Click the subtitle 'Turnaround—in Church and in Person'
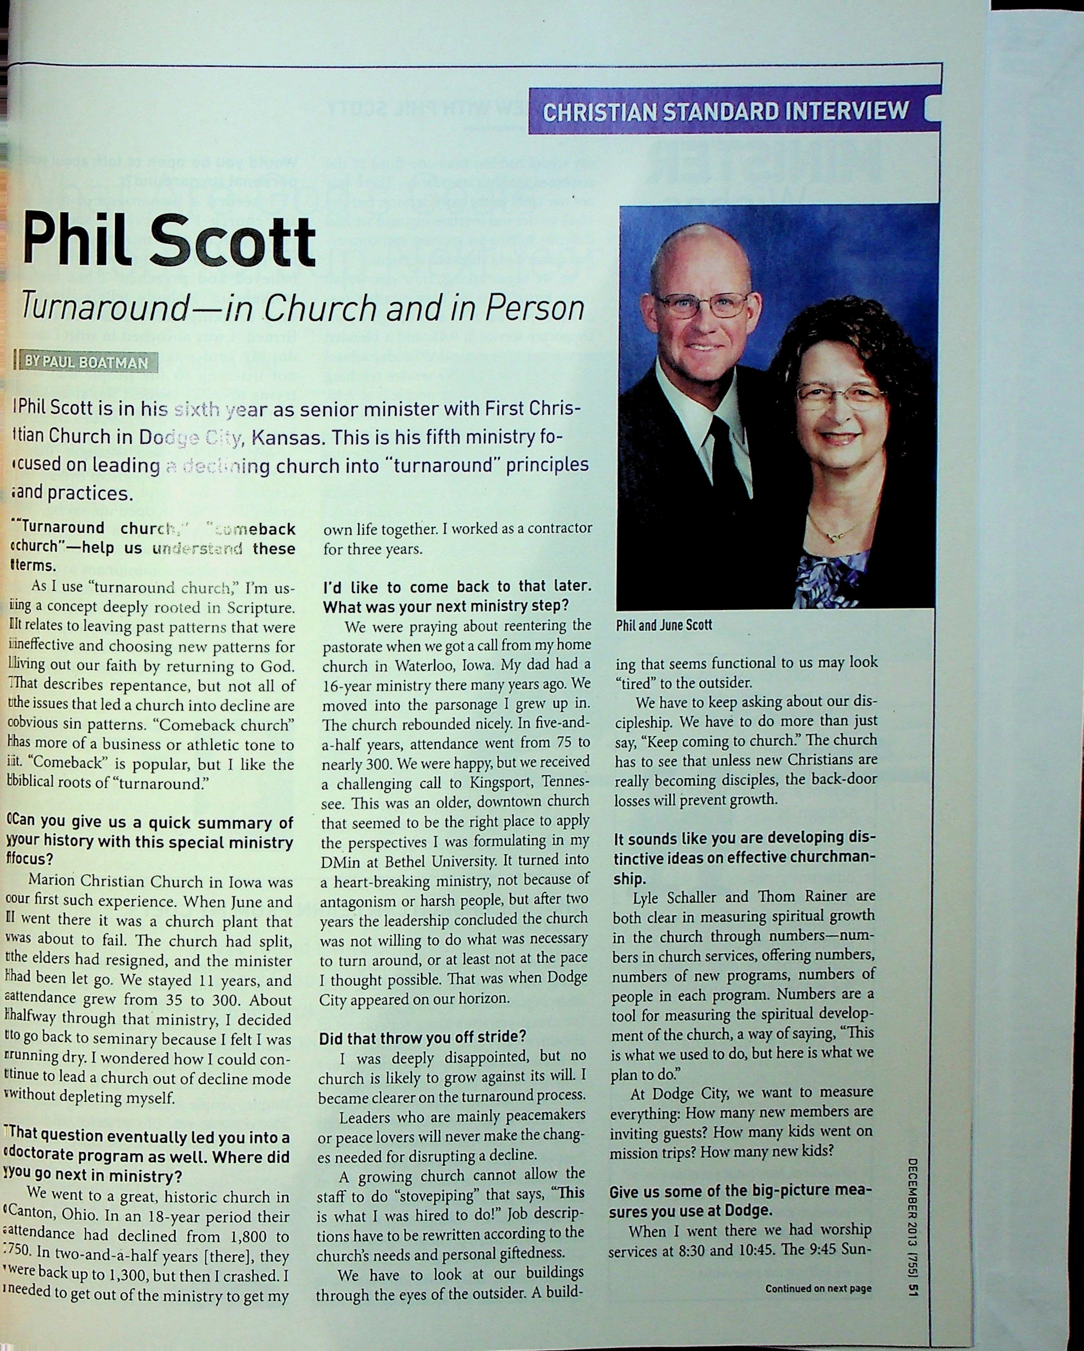point(302,308)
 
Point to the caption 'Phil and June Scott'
point(664,625)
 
